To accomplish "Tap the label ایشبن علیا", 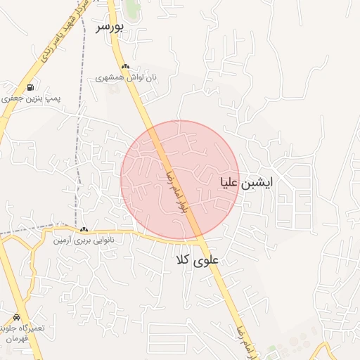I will pyautogui.click(x=246, y=182).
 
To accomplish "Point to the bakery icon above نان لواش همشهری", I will pyautogui.click(x=125, y=67).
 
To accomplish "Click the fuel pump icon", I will pyautogui.click(x=30, y=88).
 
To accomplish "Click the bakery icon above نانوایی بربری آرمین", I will pyautogui.click(x=84, y=229).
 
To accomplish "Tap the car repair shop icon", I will pyautogui.click(x=16, y=318).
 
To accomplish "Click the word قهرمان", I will pyautogui.click(x=16, y=338).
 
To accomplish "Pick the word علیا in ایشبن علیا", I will pyautogui.click(x=233, y=183).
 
